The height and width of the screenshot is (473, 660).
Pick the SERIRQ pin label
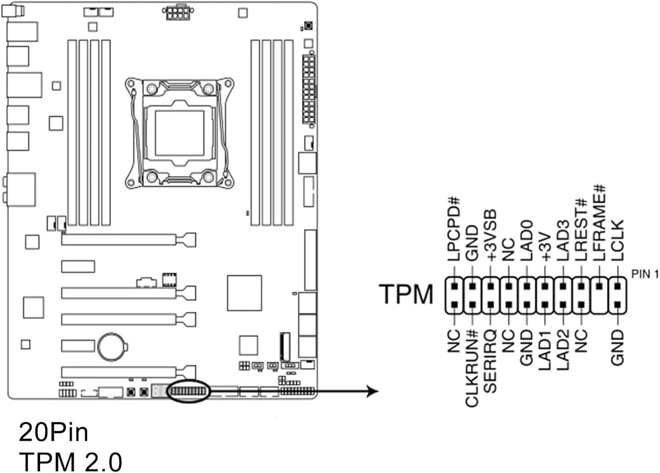pos(490,360)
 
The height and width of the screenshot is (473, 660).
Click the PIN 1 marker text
pos(645,274)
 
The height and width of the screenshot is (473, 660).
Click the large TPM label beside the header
pos(406,294)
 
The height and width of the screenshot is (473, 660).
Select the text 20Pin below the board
pos(53,432)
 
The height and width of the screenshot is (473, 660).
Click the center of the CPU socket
pos(180,135)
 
